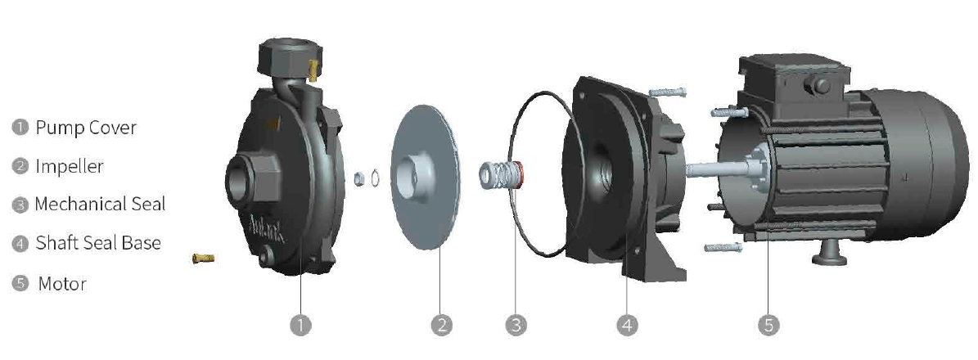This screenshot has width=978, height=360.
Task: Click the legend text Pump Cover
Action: coord(85,128)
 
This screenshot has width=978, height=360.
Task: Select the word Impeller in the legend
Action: coord(70,166)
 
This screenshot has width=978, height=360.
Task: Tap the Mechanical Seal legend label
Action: coord(100,204)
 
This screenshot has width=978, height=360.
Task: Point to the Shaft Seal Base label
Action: coord(98,243)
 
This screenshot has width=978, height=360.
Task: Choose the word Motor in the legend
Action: coord(61,284)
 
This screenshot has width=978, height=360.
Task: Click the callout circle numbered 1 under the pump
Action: coord(300,325)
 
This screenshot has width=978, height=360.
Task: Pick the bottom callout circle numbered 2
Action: coord(441,325)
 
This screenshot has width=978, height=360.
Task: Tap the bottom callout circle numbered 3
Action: coord(516,325)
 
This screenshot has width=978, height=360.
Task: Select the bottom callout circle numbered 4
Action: coord(627,325)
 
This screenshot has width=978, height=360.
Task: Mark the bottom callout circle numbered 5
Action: coord(768,325)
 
